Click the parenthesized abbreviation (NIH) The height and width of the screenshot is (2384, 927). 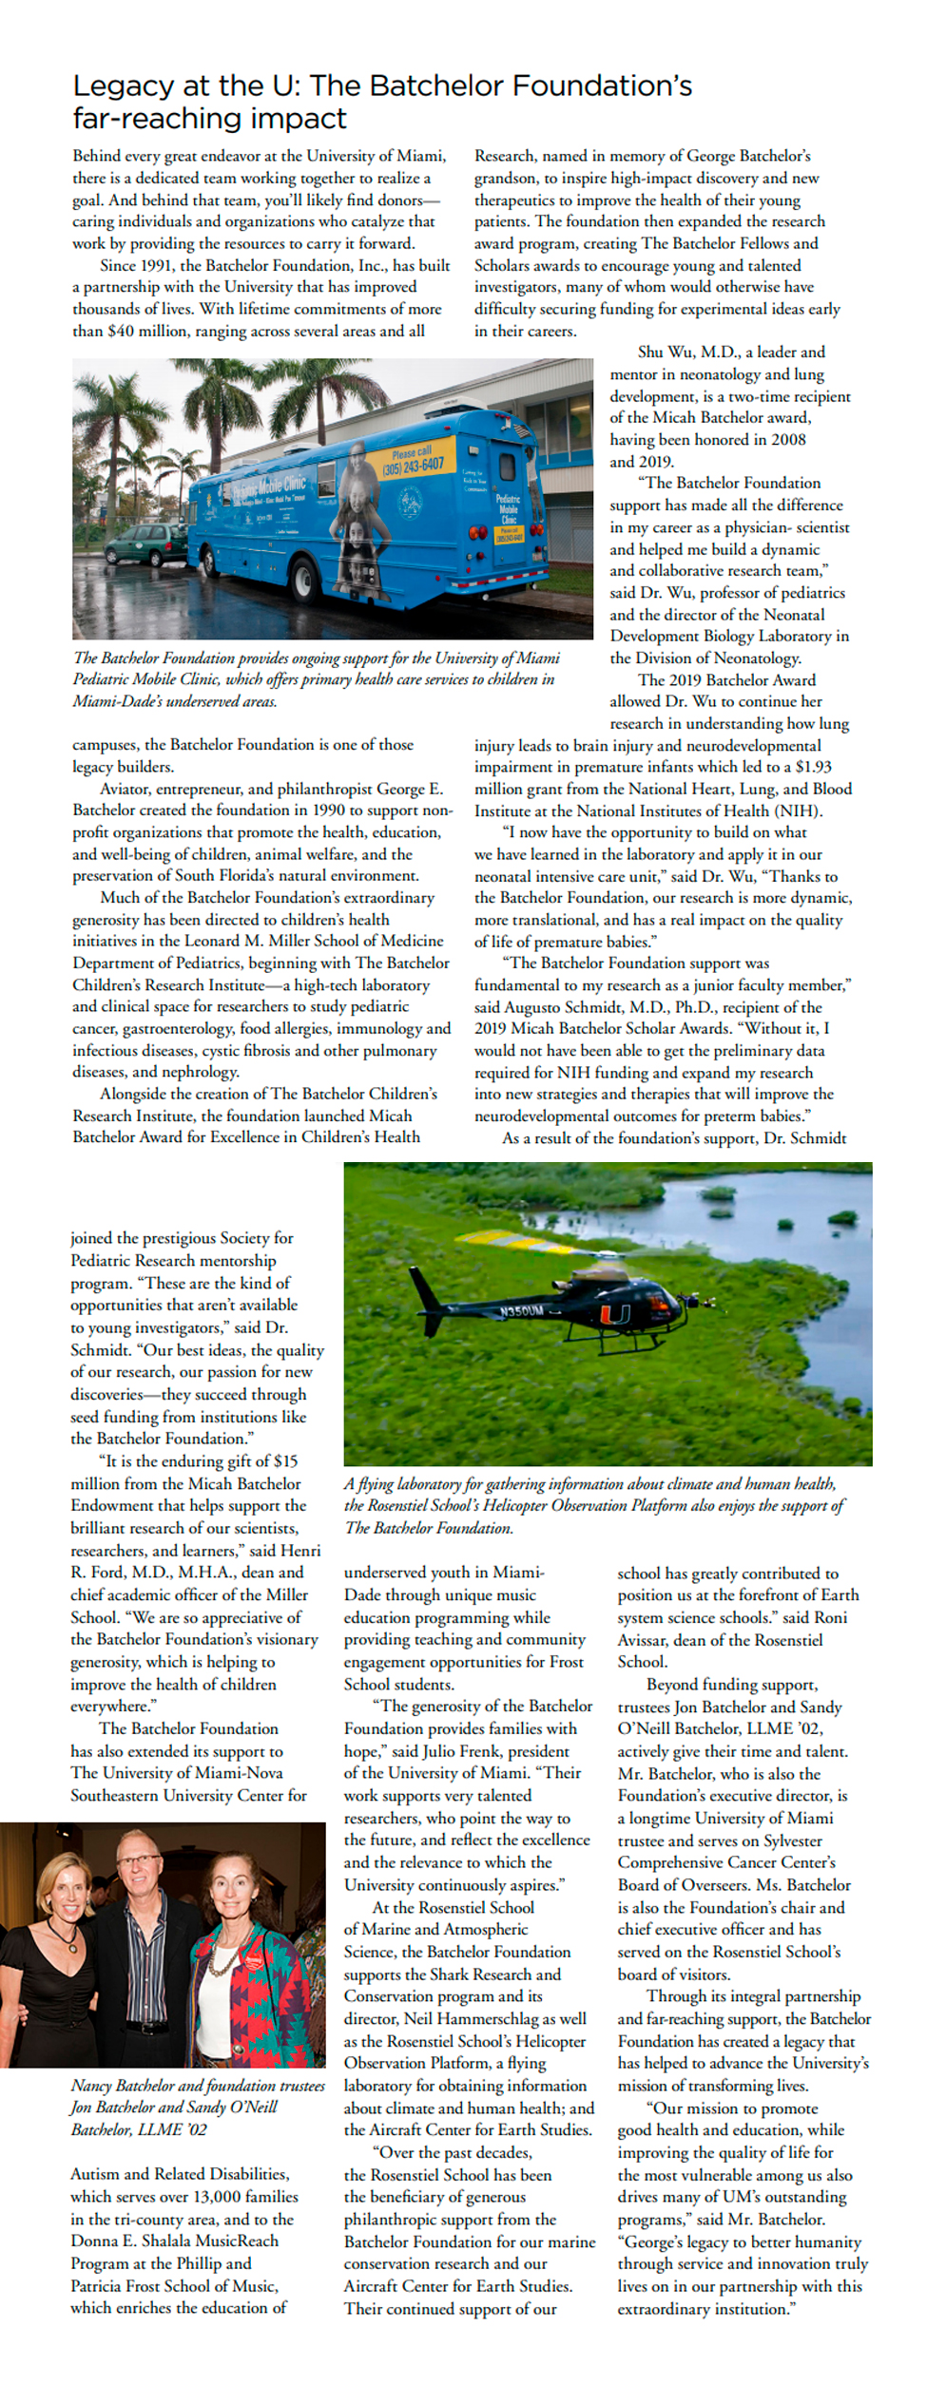(798, 811)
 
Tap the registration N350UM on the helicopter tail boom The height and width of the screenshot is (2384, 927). (521, 1311)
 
